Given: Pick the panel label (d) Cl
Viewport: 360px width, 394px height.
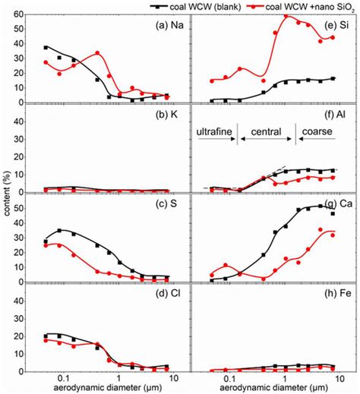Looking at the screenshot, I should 158,301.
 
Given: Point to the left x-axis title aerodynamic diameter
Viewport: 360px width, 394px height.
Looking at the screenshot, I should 99,387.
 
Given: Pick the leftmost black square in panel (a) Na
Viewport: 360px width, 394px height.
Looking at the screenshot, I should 46,48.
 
